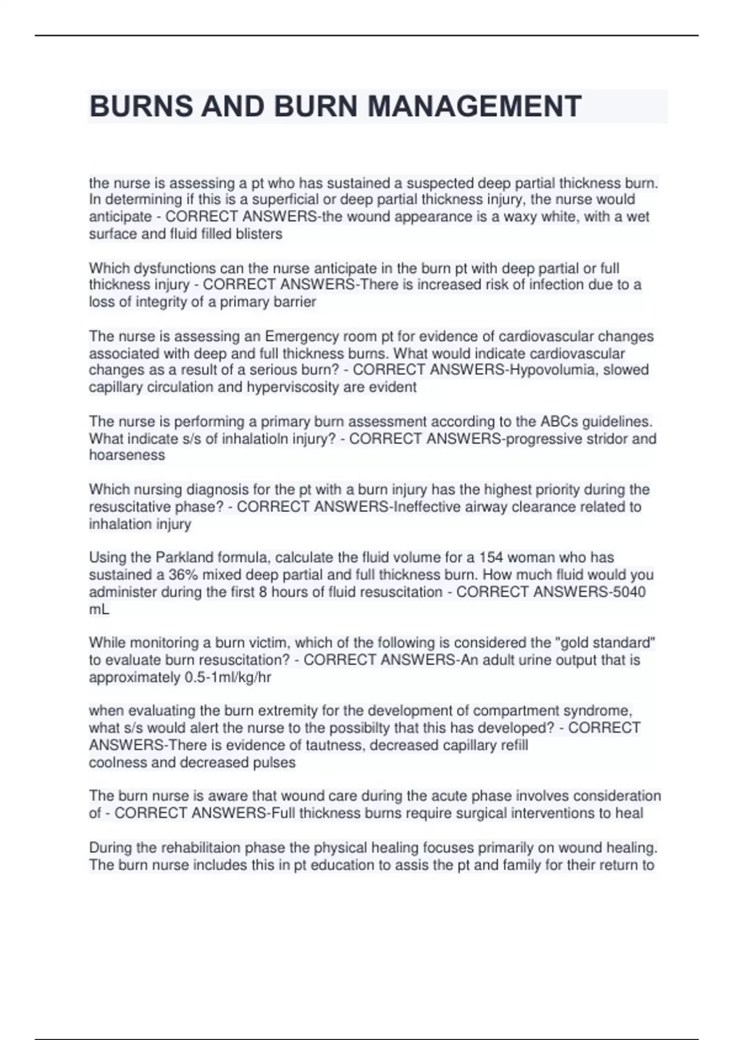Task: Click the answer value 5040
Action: (630, 592)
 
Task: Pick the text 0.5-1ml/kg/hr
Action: (228, 677)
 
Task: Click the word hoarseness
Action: (127, 455)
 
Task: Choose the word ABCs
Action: (558, 422)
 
